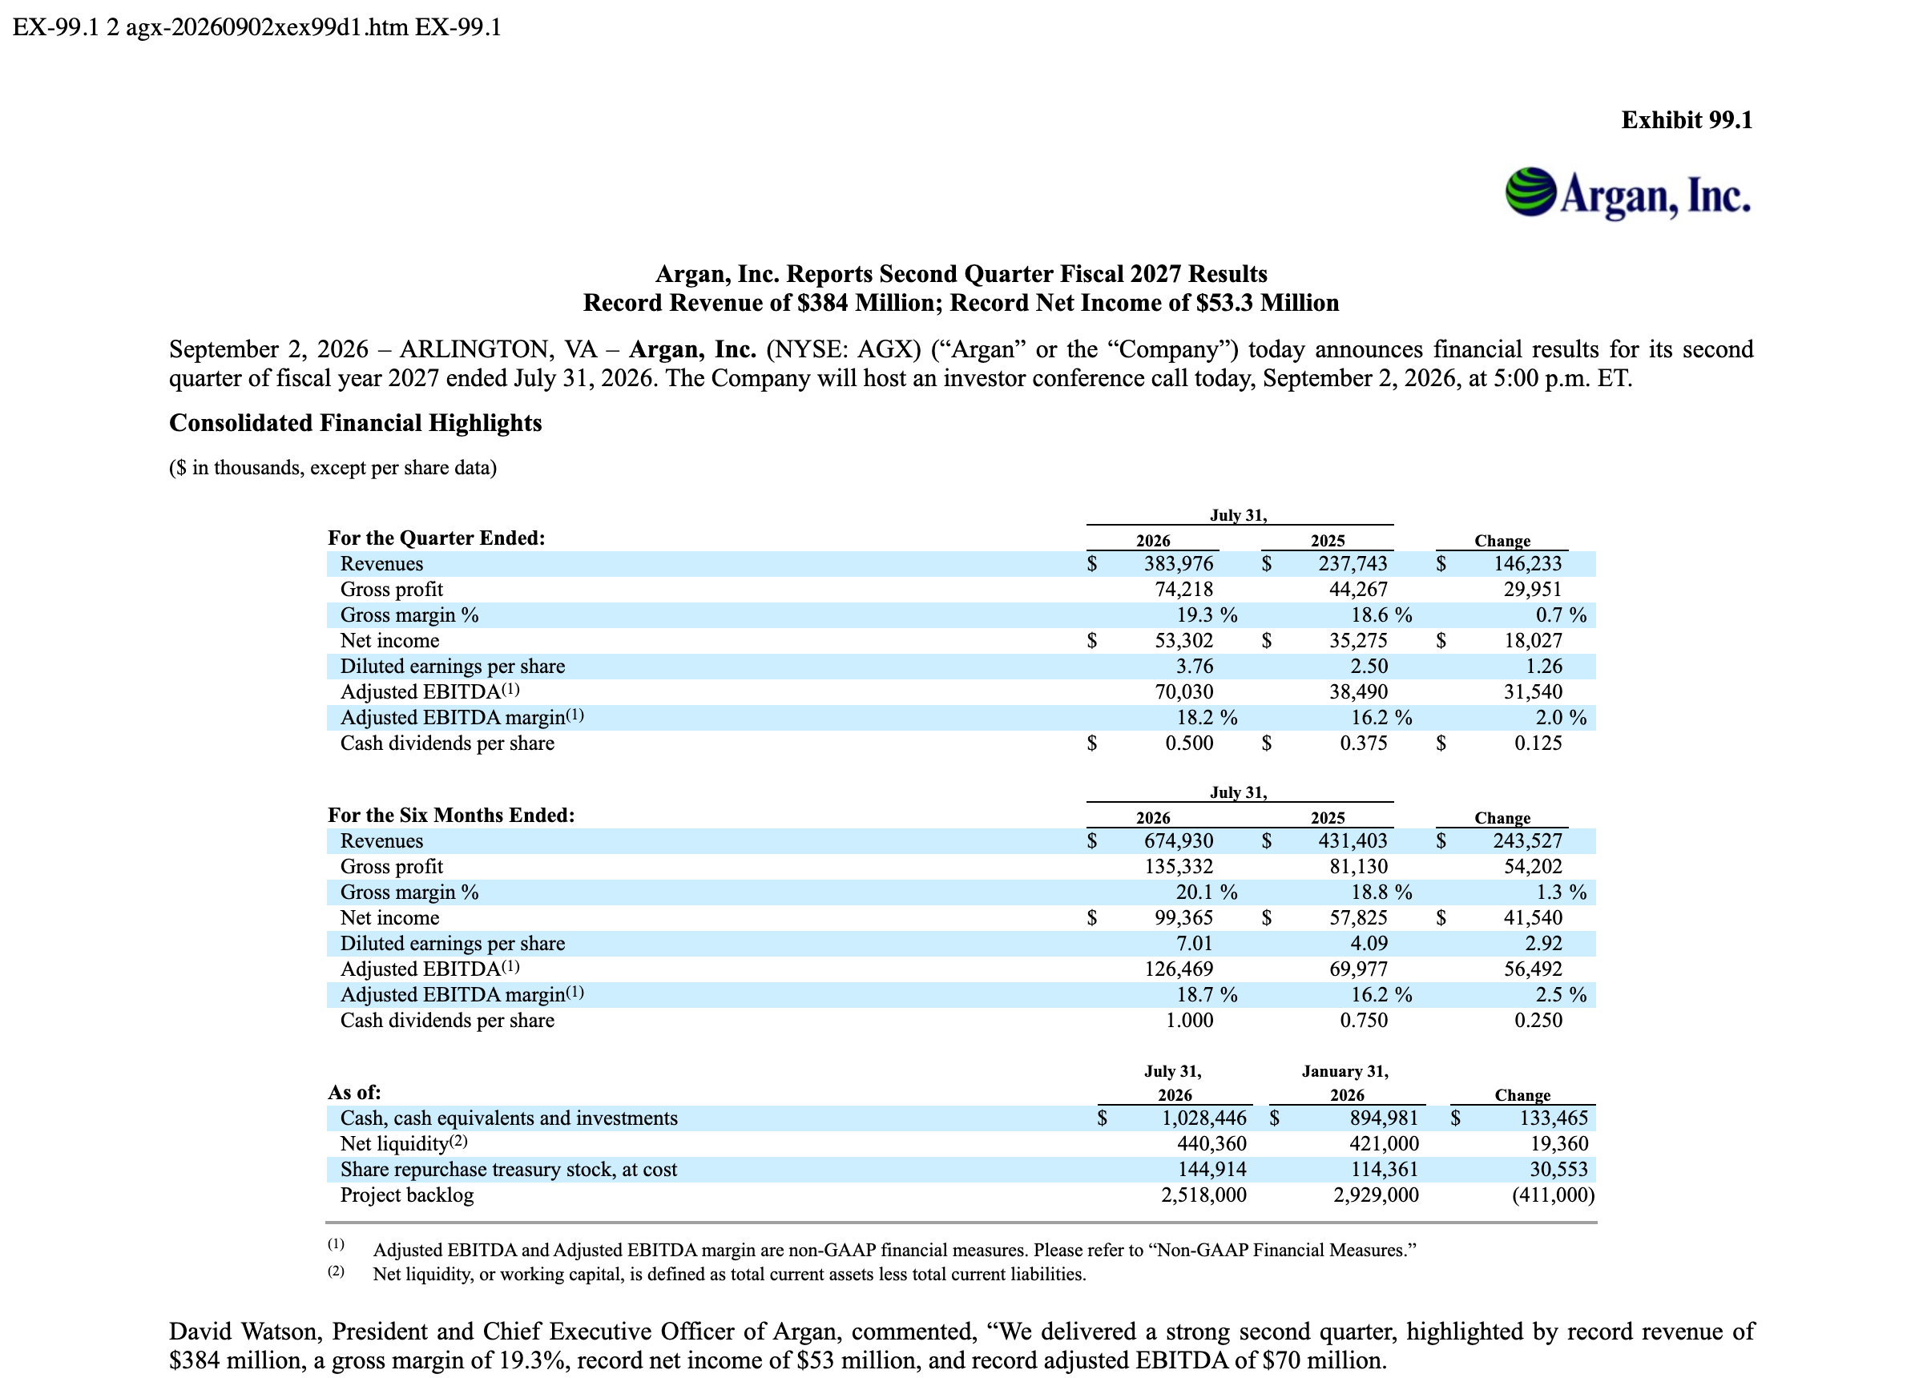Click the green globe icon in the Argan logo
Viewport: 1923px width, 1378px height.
click(x=1531, y=191)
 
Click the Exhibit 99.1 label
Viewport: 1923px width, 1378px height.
click(x=1687, y=120)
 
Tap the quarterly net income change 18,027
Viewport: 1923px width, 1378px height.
click(x=1533, y=641)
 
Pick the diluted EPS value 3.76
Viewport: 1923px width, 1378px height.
click(x=1195, y=667)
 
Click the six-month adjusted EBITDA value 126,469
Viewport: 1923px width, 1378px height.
click(x=1179, y=969)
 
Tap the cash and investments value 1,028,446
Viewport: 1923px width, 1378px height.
click(x=1204, y=1118)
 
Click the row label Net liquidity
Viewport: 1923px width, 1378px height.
click(x=394, y=1144)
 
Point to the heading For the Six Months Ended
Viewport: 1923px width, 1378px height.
click(x=451, y=816)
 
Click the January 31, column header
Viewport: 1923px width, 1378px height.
click(x=1345, y=1072)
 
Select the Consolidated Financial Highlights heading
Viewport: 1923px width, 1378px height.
click(x=355, y=423)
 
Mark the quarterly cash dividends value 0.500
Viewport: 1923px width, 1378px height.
click(x=1190, y=743)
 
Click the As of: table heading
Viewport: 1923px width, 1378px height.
click(x=354, y=1093)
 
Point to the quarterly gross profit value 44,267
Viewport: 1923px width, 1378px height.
click(x=1358, y=590)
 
